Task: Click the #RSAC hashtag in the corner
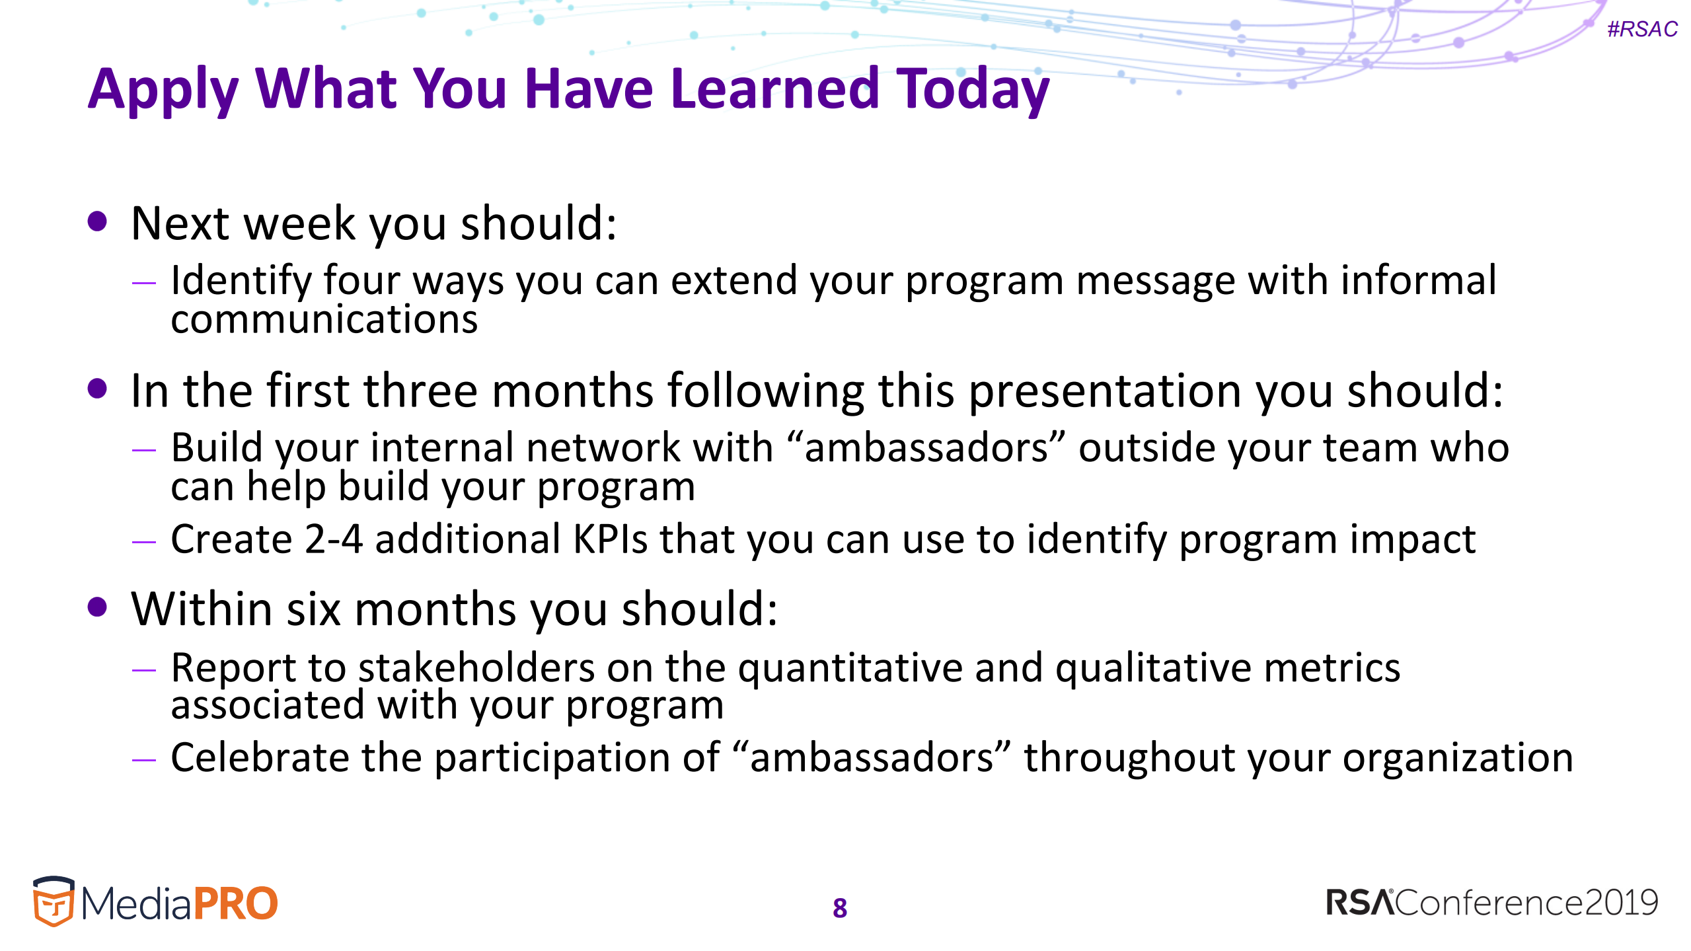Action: [1642, 29]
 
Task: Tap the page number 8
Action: [840, 908]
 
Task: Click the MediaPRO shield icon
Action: [54, 901]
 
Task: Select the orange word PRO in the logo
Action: [235, 903]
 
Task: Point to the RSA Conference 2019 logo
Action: [1492, 903]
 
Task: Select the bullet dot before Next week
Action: [97, 221]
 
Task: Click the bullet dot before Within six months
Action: [97, 607]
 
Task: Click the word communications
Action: [324, 320]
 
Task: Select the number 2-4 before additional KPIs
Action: [334, 539]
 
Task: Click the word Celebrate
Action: [260, 757]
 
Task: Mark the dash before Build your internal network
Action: [143, 450]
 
